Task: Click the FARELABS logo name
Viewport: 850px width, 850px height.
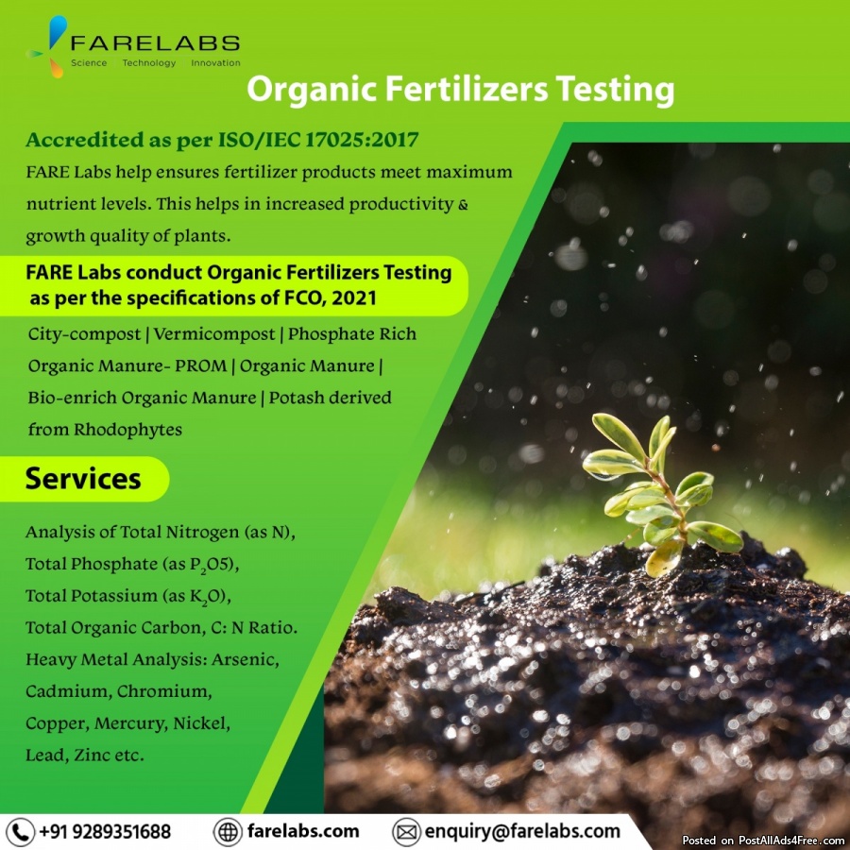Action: tap(155, 42)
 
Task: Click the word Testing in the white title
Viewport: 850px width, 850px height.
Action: tap(615, 90)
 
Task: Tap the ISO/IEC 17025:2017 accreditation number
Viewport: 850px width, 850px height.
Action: tap(318, 140)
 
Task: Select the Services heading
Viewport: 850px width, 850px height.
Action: tap(83, 479)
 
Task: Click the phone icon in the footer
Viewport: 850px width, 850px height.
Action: tap(20, 832)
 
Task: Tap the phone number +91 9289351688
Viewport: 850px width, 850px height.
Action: tap(105, 831)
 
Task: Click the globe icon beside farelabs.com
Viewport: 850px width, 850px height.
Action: tap(227, 832)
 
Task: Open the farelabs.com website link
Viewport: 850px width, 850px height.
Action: tap(303, 831)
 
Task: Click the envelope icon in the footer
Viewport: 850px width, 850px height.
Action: tap(406, 832)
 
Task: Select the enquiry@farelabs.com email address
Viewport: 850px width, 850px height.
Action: tap(522, 831)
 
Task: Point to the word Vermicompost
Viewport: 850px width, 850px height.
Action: tap(214, 334)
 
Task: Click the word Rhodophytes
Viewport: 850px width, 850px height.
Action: tap(127, 430)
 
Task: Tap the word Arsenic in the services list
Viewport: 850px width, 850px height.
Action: tap(246, 660)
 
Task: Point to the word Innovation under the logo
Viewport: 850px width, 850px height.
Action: tap(215, 63)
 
